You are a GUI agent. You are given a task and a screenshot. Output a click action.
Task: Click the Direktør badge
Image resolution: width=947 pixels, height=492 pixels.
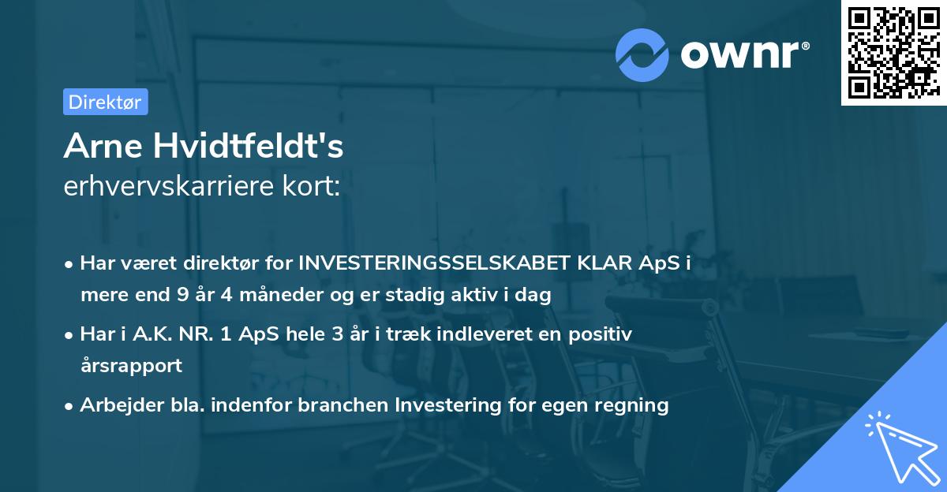coord(105,102)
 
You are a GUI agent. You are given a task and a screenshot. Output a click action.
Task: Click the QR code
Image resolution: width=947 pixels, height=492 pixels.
coord(893,53)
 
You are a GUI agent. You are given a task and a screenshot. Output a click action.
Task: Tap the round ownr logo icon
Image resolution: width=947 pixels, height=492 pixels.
coord(642,54)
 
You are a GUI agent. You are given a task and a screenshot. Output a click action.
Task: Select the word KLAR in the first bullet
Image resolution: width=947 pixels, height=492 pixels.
coord(608,264)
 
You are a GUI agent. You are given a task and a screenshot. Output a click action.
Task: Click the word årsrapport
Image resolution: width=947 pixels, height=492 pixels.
coord(131,366)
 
